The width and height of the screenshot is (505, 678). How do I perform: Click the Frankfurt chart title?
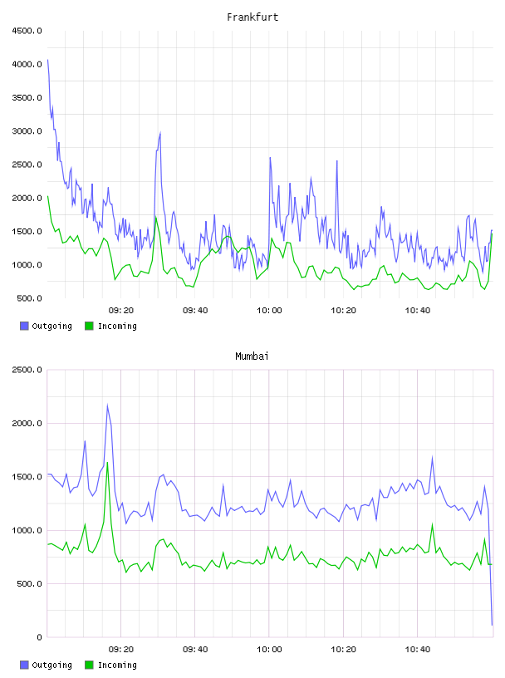[252, 17]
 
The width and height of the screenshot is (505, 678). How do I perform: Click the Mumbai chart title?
[252, 356]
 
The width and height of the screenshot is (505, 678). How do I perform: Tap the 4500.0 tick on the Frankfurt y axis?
[27, 31]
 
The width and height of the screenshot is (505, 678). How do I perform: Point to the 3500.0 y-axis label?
[27, 98]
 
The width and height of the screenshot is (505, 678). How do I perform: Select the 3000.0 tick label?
[27, 131]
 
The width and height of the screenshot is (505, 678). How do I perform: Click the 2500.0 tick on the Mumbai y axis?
[27, 370]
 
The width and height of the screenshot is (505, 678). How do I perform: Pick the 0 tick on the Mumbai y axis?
[39, 637]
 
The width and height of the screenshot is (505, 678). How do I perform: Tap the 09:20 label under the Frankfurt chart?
[121, 311]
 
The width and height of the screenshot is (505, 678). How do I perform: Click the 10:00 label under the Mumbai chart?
[269, 650]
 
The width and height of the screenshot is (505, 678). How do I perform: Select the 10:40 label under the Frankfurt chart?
[418, 311]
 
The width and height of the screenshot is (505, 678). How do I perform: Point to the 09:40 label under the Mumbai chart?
[195, 650]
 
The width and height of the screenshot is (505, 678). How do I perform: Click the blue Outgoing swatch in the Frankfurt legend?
[24, 326]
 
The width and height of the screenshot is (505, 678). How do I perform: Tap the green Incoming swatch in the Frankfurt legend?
[89, 326]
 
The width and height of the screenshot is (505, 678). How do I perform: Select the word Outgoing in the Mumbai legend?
[51, 665]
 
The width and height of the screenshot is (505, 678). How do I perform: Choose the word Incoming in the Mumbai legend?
[117, 665]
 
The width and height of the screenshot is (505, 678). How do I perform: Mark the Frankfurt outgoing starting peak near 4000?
[47, 60]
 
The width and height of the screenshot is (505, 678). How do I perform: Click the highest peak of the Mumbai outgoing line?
[107, 405]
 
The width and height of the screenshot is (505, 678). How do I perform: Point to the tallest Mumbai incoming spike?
[107, 463]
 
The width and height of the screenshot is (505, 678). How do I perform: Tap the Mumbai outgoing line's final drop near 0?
[492, 624]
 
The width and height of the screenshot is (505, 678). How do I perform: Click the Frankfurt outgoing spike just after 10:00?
[270, 158]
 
